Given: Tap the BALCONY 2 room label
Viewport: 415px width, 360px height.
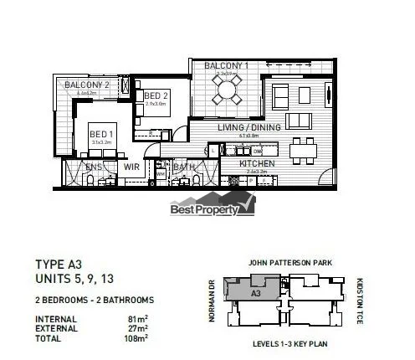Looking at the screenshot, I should pos(89,85).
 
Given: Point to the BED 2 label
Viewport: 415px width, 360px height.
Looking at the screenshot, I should pos(156,96).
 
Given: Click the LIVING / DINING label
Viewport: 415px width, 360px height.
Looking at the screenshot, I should pos(249,127).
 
